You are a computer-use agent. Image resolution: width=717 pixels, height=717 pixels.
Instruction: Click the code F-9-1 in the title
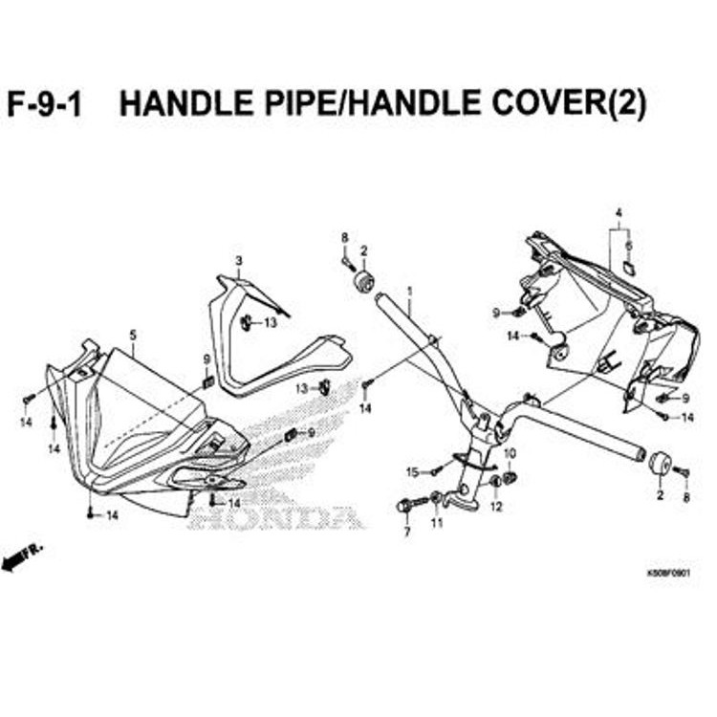[x=45, y=103]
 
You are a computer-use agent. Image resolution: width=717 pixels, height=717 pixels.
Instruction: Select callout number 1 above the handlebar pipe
[x=409, y=290]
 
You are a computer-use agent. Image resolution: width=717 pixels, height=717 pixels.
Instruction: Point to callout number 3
[x=239, y=260]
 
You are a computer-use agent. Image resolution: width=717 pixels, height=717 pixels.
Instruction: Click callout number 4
[x=619, y=211]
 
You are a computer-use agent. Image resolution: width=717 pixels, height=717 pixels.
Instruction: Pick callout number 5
[x=133, y=335]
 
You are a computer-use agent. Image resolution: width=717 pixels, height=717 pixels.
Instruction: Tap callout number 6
[x=628, y=245]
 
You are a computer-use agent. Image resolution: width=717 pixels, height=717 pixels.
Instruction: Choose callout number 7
[x=406, y=532]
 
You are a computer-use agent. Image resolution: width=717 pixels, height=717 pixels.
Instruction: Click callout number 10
[x=509, y=452]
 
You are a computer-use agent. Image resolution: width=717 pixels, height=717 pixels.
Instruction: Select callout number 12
[x=495, y=507]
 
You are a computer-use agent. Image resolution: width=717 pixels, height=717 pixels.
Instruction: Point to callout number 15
[x=412, y=472]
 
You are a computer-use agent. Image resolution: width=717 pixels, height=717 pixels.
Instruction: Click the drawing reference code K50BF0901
[x=668, y=575]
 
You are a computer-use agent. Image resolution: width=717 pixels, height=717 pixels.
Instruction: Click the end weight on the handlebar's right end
[x=658, y=463]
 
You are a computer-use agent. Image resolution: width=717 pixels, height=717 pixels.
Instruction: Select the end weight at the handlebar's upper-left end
[x=363, y=281]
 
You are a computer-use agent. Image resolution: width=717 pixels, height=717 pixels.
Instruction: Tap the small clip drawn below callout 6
[x=628, y=268]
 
